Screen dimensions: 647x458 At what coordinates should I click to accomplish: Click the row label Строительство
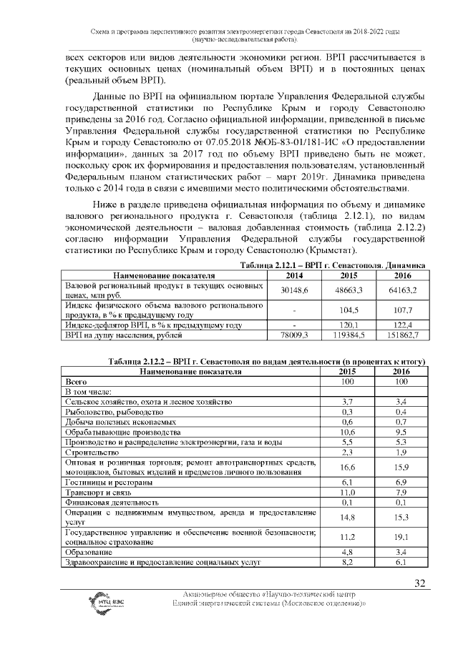pos(88,452)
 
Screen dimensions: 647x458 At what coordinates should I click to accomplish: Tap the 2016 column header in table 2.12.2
pos(402,372)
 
